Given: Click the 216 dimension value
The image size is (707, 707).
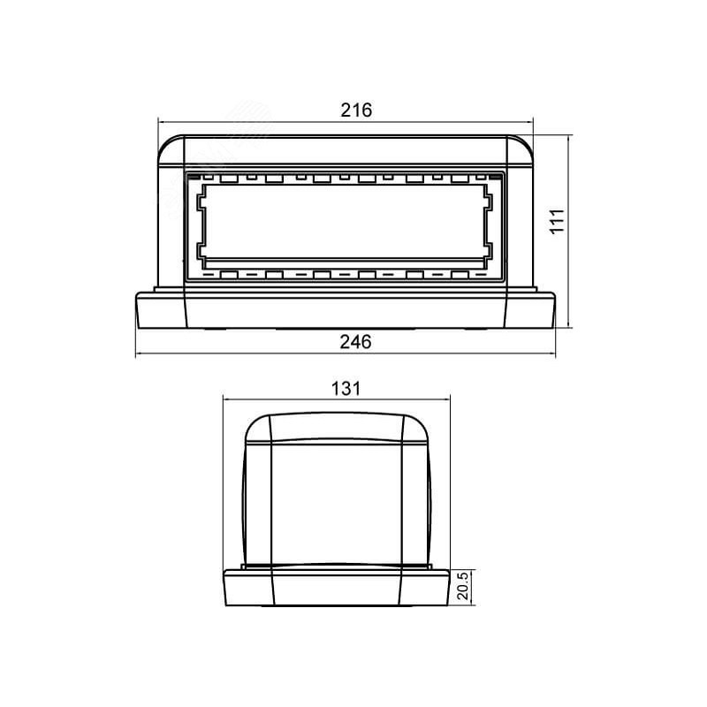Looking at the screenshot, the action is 356,110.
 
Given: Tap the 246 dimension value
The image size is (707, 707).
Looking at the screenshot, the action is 355,342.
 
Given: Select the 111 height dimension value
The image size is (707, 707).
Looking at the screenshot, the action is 558,220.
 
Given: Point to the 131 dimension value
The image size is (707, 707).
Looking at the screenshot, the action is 346,389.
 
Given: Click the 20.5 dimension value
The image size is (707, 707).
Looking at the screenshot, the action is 463,586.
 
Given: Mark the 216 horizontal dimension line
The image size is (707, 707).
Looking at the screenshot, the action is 346,122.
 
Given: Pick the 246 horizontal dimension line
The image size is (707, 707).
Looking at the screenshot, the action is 346,354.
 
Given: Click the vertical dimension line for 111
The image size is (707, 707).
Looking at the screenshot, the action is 568,231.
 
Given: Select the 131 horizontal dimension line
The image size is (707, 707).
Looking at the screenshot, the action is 337,399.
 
